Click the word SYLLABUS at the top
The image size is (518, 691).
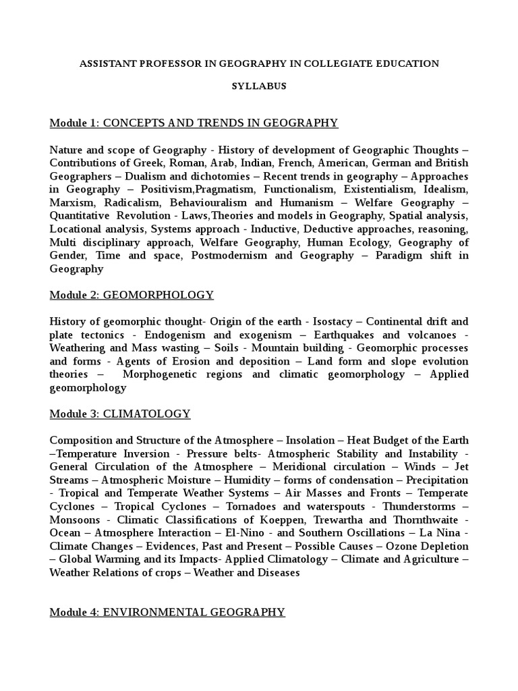click(x=259, y=86)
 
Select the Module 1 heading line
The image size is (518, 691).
click(x=194, y=123)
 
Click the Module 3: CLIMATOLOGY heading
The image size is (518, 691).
click(x=120, y=414)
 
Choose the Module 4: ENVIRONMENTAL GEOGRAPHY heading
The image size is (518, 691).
click(x=167, y=612)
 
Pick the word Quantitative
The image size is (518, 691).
click(x=78, y=216)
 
